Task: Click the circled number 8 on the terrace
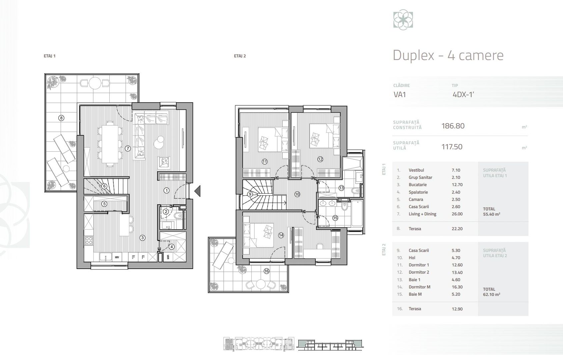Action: pos(61,117)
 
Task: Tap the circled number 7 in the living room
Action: pos(128,148)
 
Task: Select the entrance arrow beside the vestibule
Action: pos(197,191)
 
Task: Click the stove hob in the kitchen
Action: pos(89,241)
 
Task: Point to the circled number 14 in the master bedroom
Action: pos(281,235)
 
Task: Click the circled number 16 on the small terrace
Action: pos(266,271)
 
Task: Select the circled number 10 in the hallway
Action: pos(297,194)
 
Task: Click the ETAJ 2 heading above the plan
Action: pos(240,56)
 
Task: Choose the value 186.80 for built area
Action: pos(453,126)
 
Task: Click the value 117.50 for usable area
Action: pos(452,147)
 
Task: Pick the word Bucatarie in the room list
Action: pos(417,185)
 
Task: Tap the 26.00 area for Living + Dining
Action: pos(457,214)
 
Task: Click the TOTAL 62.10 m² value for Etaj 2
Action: pos(491,295)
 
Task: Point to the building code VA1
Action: pos(400,94)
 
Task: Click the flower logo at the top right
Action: pos(403,20)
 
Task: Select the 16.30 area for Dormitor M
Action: pos(457,287)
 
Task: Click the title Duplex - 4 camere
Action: pos(448,55)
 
